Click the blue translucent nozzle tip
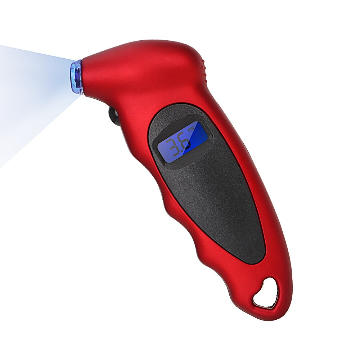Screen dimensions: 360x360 point(77,77)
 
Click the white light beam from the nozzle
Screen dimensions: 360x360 point(29,94)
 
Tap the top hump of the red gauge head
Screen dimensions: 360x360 point(158,45)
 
